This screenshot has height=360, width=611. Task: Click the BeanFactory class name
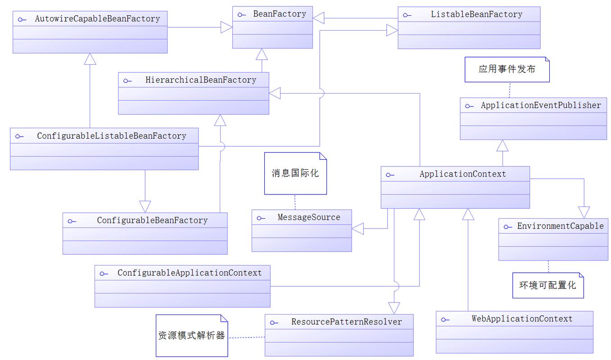279,14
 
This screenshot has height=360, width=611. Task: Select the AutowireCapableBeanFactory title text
97,19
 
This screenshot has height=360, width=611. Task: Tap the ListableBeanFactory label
476,14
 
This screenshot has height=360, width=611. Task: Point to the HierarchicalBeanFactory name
201,80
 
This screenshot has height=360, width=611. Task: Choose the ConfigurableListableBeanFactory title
111,136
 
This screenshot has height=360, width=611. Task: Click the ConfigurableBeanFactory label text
152,220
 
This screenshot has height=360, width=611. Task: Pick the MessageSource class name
309,217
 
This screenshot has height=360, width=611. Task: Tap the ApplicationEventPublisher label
541,105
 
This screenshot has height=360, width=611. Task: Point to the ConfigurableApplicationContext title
190,273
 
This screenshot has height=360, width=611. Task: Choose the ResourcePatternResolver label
346,322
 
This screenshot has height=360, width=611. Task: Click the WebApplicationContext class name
522,319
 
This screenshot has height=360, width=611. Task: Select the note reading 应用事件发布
507,70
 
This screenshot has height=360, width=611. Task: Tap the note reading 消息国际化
295,173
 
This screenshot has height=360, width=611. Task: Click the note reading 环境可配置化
548,285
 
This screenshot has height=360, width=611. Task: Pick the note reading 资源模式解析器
191,336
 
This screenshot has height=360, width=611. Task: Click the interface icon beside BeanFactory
242,15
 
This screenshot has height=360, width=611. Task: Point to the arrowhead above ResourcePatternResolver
394,308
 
